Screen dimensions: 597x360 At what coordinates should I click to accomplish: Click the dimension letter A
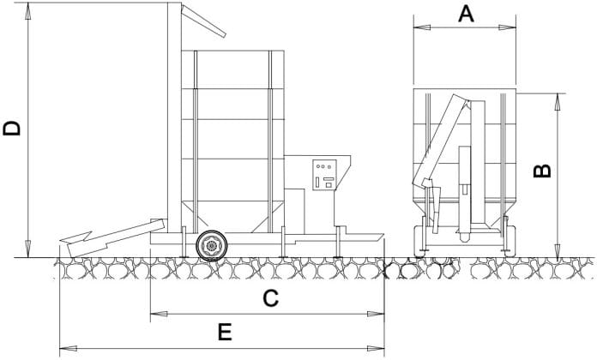pos(466,15)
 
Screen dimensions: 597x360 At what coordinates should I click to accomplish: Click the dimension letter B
pos(543,171)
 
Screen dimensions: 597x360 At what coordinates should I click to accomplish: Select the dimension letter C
pos(271,298)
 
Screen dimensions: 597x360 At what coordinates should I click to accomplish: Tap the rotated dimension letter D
pos(12,129)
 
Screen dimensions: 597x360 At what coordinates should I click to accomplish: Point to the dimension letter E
pos(225,332)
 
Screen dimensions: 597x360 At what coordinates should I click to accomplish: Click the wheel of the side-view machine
pos(212,246)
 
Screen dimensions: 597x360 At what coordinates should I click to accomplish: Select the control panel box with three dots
pos(325,175)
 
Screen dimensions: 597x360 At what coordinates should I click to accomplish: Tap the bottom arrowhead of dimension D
pos(27,249)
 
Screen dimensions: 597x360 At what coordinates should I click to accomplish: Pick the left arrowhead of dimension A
pos(422,27)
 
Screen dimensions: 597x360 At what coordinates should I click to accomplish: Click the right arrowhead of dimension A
pos(508,27)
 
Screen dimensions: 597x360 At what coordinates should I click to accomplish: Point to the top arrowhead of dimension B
pos(558,102)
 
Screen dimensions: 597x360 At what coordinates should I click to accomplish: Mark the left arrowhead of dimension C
pos(160,314)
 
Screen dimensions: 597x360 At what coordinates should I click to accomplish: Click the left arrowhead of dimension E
pos(69,348)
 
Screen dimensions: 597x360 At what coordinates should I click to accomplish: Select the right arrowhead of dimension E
pos(376,348)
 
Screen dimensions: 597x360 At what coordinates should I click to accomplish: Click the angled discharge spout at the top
pos(203,21)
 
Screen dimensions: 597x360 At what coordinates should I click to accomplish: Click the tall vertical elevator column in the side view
pos(175,117)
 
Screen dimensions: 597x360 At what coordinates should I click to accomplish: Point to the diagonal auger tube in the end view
pos(441,140)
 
